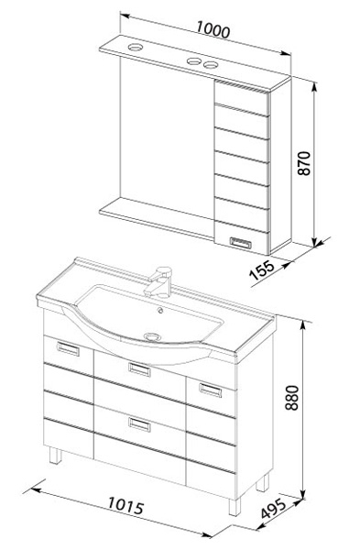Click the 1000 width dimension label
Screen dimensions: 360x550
tap(213, 29)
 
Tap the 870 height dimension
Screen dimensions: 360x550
tap(304, 163)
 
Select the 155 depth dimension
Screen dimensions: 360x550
tap(261, 269)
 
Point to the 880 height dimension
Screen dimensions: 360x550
tap(291, 398)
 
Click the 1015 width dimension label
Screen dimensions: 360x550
tap(125, 506)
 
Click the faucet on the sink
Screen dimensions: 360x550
tap(158, 281)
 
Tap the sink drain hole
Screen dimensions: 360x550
tap(152, 336)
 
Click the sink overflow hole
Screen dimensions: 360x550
tap(160, 310)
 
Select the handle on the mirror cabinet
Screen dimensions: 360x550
tap(241, 243)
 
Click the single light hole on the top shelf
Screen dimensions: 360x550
tap(135, 47)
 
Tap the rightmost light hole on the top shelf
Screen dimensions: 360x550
tap(211, 65)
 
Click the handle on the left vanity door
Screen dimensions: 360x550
tap(68, 348)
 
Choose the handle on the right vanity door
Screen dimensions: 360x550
tap(211, 390)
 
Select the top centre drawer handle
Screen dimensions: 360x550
tap(139, 369)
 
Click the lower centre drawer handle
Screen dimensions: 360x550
tap(139, 424)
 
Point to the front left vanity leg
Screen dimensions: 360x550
tap(55, 456)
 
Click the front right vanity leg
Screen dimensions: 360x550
tap(235, 507)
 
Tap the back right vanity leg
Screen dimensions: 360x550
tap(263, 482)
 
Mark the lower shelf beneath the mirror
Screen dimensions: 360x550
tap(157, 218)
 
